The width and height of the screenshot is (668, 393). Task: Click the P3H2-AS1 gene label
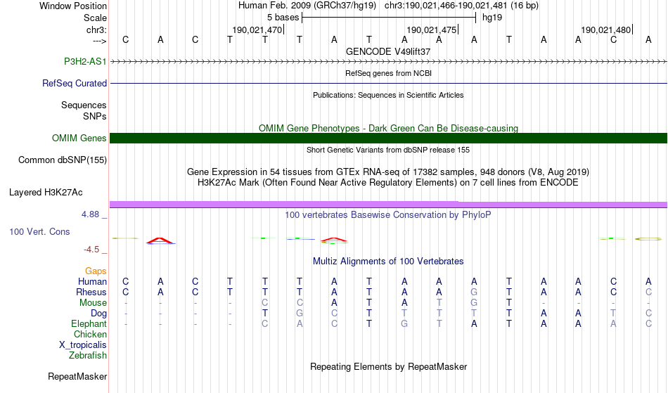(x=85, y=61)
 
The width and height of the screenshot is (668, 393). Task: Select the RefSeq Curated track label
(x=75, y=84)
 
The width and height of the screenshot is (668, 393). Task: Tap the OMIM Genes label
(x=79, y=138)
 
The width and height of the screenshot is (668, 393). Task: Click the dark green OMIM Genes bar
(x=389, y=138)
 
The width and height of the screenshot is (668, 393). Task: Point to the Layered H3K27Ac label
(x=46, y=193)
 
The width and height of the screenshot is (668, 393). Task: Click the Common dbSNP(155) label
(x=63, y=160)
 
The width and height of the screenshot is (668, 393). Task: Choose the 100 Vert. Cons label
(x=39, y=231)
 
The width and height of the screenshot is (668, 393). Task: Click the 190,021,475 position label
(x=432, y=30)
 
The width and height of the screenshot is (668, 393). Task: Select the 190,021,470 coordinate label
(x=257, y=30)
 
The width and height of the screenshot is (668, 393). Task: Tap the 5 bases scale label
(x=283, y=18)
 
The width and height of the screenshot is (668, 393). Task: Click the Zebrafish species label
(x=88, y=355)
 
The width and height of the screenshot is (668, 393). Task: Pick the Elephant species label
(x=89, y=323)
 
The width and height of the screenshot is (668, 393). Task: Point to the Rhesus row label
(x=91, y=292)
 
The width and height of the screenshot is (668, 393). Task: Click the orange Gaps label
(x=96, y=271)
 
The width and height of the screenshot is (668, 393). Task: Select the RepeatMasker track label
(x=77, y=376)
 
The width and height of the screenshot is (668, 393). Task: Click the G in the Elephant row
(x=404, y=323)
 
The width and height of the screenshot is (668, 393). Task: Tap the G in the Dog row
(x=300, y=313)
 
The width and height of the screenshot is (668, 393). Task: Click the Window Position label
(x=73, y=6)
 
